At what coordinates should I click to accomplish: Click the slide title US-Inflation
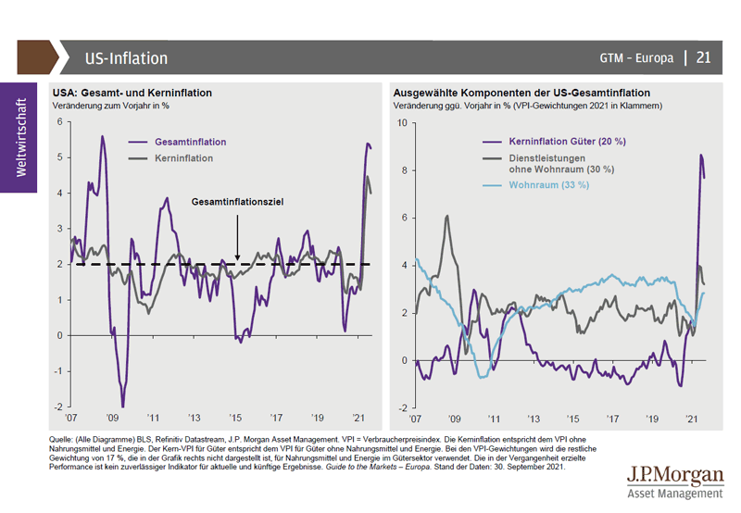[x=126, y=58]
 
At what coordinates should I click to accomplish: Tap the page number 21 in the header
[x=703, y=57]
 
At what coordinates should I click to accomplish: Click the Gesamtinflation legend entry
[x=190, y=143]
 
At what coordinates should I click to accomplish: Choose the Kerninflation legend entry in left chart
[x=183, y=158]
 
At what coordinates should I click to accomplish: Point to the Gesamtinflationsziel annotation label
[x=236, y=201]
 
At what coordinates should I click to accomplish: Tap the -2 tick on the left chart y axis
[x=57, y=407]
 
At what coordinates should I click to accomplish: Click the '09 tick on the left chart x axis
[x=112, y=418]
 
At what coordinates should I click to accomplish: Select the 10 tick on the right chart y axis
[x=400, y=123]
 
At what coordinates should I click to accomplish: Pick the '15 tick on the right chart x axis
[x=573, y=419]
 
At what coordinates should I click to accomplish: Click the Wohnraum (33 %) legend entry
[x=548, y=185]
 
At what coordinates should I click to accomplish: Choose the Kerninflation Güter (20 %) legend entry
[x=567, y=142]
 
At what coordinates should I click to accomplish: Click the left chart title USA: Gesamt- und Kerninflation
[x=132, y=93]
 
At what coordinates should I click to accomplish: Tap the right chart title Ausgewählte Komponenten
[x=521, y=93]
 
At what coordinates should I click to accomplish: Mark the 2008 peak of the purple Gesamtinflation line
[x=102, y=137]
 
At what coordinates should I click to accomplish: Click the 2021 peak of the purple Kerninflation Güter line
[x=701, y=155]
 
